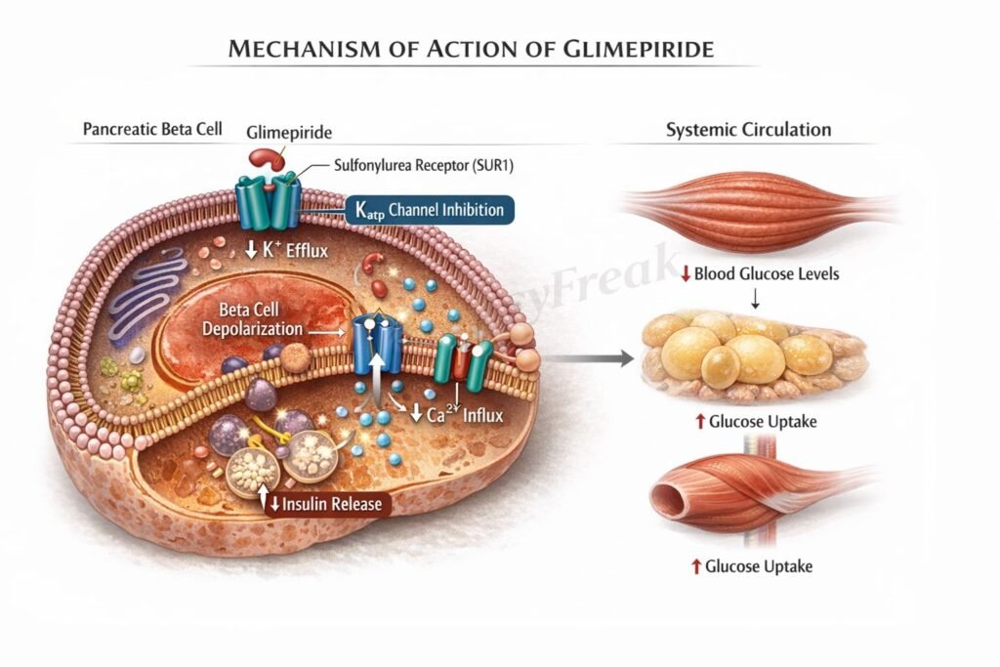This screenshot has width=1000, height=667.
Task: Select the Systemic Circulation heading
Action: (748, 129)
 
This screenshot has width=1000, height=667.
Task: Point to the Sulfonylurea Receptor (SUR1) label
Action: (409, 166)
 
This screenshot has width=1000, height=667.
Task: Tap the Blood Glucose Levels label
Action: (758, 273)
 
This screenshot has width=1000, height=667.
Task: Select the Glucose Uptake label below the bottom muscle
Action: (752, 565)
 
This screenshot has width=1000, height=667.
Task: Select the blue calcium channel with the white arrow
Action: (377, 347)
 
